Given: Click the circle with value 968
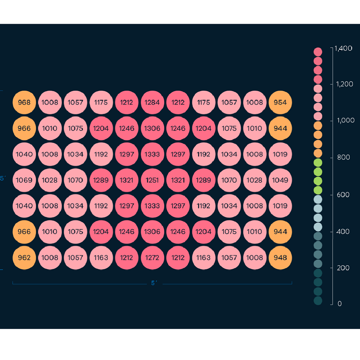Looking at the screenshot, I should coord(24,102).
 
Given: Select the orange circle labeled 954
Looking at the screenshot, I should coord(280,102).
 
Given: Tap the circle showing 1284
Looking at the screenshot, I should coord(152,102).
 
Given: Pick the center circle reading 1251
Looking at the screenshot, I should coord(152,180).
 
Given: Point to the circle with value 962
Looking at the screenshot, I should coord(24,258).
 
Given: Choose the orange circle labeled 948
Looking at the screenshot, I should coord(280,258).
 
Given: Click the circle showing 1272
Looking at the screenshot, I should coord(152,258).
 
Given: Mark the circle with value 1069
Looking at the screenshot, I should coord(24,180).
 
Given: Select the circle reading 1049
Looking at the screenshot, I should coord(280,180).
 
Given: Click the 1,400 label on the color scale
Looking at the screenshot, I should coord(343,48).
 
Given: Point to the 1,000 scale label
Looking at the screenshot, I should coord(345,120).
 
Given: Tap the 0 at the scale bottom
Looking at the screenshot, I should coord(339,304).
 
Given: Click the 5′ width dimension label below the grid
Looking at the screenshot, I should coord(154,283).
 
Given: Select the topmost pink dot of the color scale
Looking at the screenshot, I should coord(318,52).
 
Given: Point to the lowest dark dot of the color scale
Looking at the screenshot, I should coord(318,301).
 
